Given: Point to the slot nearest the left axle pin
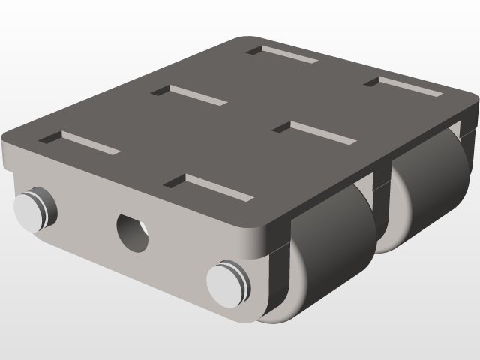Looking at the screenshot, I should [x=80, y=142].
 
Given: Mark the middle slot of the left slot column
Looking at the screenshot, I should [x=188, y=94].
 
